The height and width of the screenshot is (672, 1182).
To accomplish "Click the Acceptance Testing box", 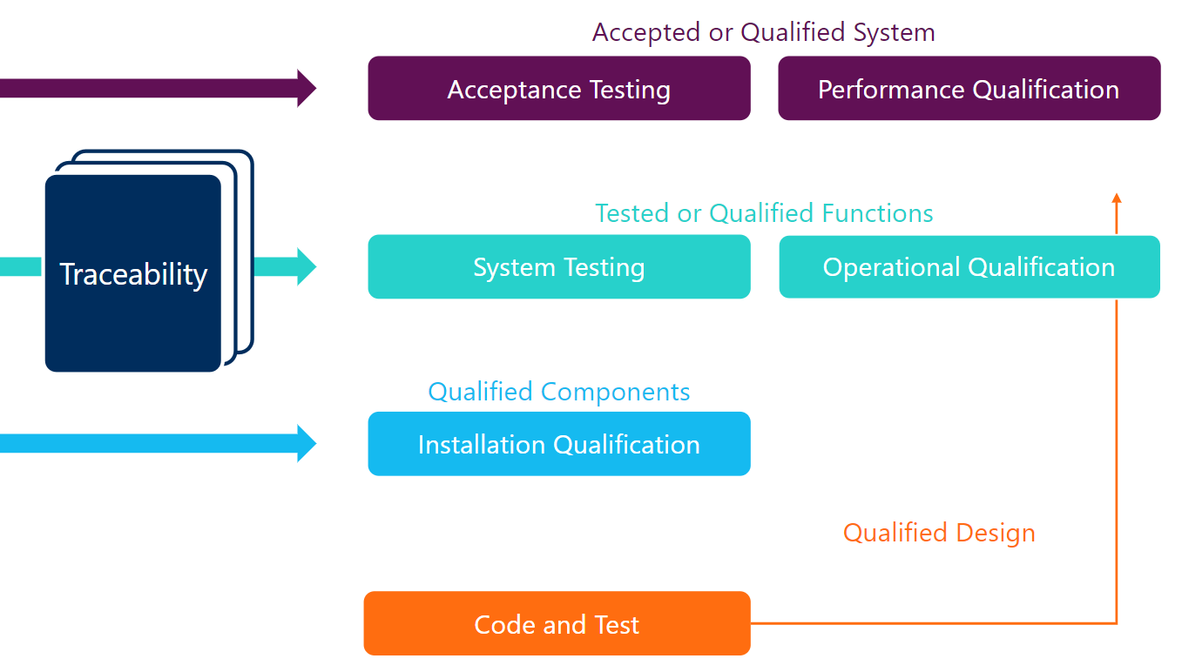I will [x=558, y=89].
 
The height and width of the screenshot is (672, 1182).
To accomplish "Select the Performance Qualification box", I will [x=969, y=89].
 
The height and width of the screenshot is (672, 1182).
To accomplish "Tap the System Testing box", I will [x=558, y=267].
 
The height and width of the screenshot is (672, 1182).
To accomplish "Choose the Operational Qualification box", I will [x=969, y=267].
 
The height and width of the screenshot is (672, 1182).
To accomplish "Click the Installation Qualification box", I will [x=558, y=444].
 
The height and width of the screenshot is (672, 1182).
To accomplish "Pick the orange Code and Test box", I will [x=557, y=624].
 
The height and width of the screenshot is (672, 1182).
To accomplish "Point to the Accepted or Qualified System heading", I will [x=763, y=32].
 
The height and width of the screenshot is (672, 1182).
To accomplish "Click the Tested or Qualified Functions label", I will [x=763, y=213].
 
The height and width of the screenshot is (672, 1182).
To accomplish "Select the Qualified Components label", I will [x=558, y=392].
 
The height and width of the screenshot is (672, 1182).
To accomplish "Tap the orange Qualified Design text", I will [x=939, y=533].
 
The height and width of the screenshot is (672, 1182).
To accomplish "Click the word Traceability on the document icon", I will [x=133, y=274].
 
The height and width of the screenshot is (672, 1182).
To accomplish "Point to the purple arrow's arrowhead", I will [x=306, y=88].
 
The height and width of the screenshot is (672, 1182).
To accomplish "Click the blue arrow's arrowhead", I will [x=306, y=443].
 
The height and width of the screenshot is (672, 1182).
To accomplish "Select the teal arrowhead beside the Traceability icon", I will [x=306, y=266].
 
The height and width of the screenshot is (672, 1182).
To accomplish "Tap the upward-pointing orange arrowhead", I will [x=1117, y=198].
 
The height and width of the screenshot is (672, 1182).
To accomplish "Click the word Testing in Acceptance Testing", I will [x=630, y=90].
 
